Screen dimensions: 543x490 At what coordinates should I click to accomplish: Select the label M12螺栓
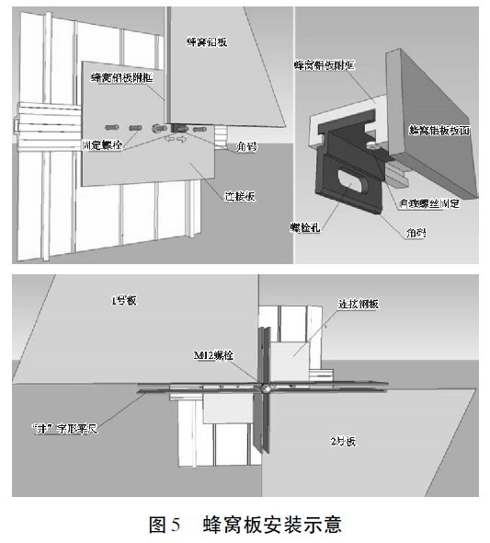211,354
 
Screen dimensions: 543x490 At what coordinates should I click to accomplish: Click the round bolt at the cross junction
265,389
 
